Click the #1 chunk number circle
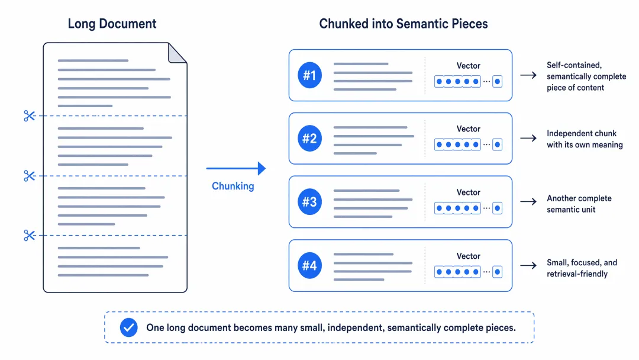click(309, 75)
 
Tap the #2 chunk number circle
click(309, 138)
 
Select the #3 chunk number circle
click(309, 201)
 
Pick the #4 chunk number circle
click(309, 265)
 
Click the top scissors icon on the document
click(30, 116)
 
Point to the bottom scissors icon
click(30, 235)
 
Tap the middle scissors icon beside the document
click(30, 176)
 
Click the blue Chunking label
click(233, 187)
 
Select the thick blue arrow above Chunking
click(236, 168)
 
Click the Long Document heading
click(112, 24)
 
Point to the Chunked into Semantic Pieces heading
click(404, 24)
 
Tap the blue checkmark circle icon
click(129, 327)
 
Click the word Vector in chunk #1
click(468, 66)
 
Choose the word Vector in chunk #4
click(468, 256)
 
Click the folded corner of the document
click(177, 53)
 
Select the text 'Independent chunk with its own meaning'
click(585, 139)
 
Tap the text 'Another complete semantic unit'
click(579, 204)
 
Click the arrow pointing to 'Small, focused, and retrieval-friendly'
click(528, 265)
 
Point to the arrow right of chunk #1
click(528, 75)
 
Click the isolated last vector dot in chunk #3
click(497, 208)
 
